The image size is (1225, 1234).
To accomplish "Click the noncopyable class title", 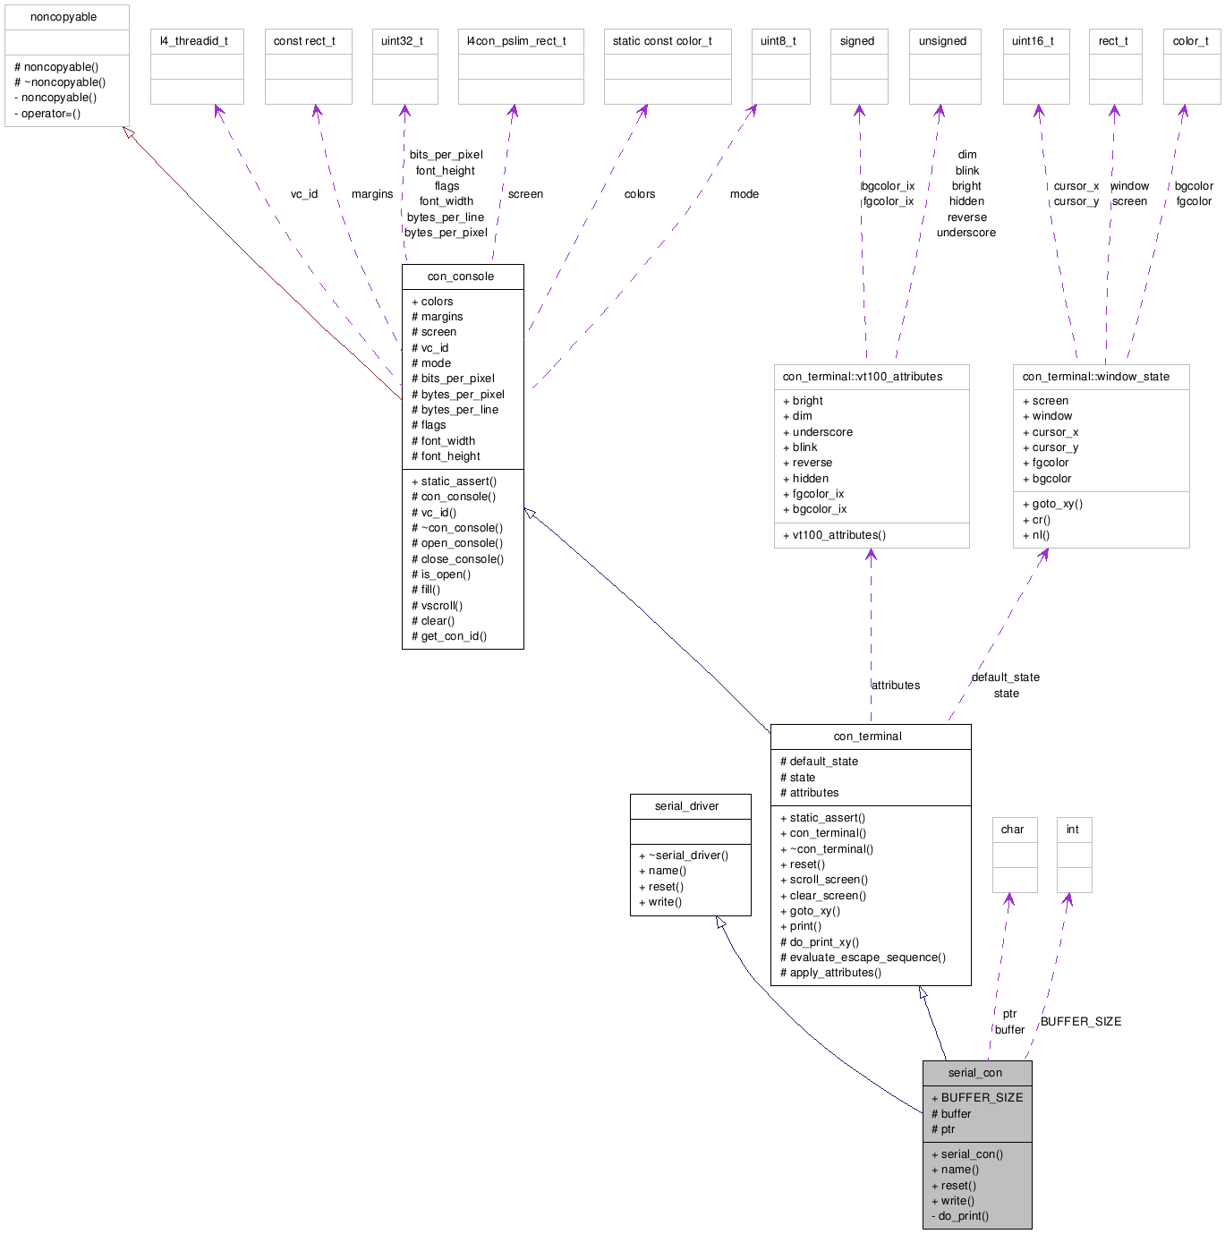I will point(64,17).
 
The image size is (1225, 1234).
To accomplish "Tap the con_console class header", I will point(461,277).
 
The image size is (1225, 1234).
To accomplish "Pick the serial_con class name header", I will point(975,1073).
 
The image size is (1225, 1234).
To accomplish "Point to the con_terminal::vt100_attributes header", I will point(863,377).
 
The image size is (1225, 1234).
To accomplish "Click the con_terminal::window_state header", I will point(1096,377).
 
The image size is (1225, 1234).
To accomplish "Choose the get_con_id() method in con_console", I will point(454,636).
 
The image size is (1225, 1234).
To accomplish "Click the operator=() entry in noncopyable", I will point(51,114).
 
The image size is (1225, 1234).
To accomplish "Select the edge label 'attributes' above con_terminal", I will point(896,685).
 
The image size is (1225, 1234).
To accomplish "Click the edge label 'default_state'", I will point(1006,677).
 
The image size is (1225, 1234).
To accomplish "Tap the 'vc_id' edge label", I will point(304,194).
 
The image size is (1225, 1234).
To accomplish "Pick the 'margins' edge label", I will point(372,194).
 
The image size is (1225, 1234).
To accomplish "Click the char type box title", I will point(1013,830).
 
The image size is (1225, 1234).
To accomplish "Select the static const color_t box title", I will point(662,41).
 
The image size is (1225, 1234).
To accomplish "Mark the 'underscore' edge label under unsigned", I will point(966,233).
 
